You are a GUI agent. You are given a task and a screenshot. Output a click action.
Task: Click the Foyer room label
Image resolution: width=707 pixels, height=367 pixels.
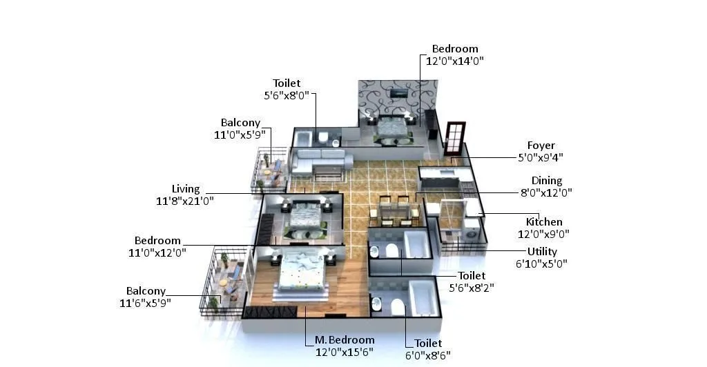pyautogui.click(x=541, y=146)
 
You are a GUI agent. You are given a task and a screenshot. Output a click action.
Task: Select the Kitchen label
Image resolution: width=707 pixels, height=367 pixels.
pyautogui.click(x=544, y=222)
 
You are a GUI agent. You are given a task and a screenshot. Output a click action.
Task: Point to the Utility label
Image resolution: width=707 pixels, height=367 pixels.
pyautogui.click(x=542, y=252)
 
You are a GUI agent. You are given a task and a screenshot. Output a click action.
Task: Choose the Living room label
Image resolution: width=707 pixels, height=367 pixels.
pyautogui.click(x=186, y=189)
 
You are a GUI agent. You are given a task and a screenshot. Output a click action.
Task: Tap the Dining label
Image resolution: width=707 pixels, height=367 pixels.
pyautogui.click(x=546, y=181)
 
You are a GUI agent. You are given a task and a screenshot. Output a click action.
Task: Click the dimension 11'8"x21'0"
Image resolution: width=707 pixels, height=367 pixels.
pyautogui.click(x=185, y=201)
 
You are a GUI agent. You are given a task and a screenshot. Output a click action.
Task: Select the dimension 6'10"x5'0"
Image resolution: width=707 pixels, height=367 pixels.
pyautogui.click(x=542, y=264)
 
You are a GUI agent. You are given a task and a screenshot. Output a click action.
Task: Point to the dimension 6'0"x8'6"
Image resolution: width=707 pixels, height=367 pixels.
pyautogui.click(x=428, y=355)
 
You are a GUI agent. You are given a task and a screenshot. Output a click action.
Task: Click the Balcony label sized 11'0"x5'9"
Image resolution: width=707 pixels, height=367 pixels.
pyautogui.click(x=240, y=123)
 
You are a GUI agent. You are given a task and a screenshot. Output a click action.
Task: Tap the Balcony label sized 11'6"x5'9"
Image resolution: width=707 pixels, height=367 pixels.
pyautogui.click(x=146, y=291)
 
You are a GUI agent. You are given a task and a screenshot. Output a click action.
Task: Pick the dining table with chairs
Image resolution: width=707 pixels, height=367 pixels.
pyautogui.click(x=394, y=209)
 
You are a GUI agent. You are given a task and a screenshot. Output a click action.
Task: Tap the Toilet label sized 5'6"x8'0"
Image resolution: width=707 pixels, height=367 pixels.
pyautogui.click(x=287, y=83)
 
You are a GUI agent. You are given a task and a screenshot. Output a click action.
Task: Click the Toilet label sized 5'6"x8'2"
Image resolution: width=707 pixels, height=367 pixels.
pyautogui.click(x=472, y=276)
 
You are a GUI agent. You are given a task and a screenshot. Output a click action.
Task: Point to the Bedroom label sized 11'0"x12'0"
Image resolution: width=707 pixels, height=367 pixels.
pyautogui.click(x=157, y=241)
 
